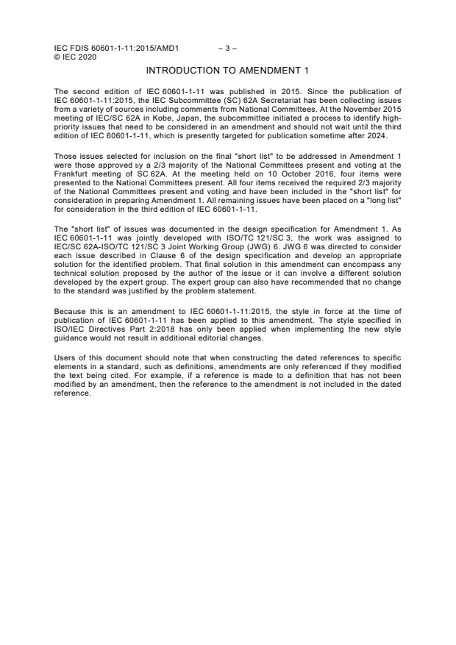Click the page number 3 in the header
tap(227, 49)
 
